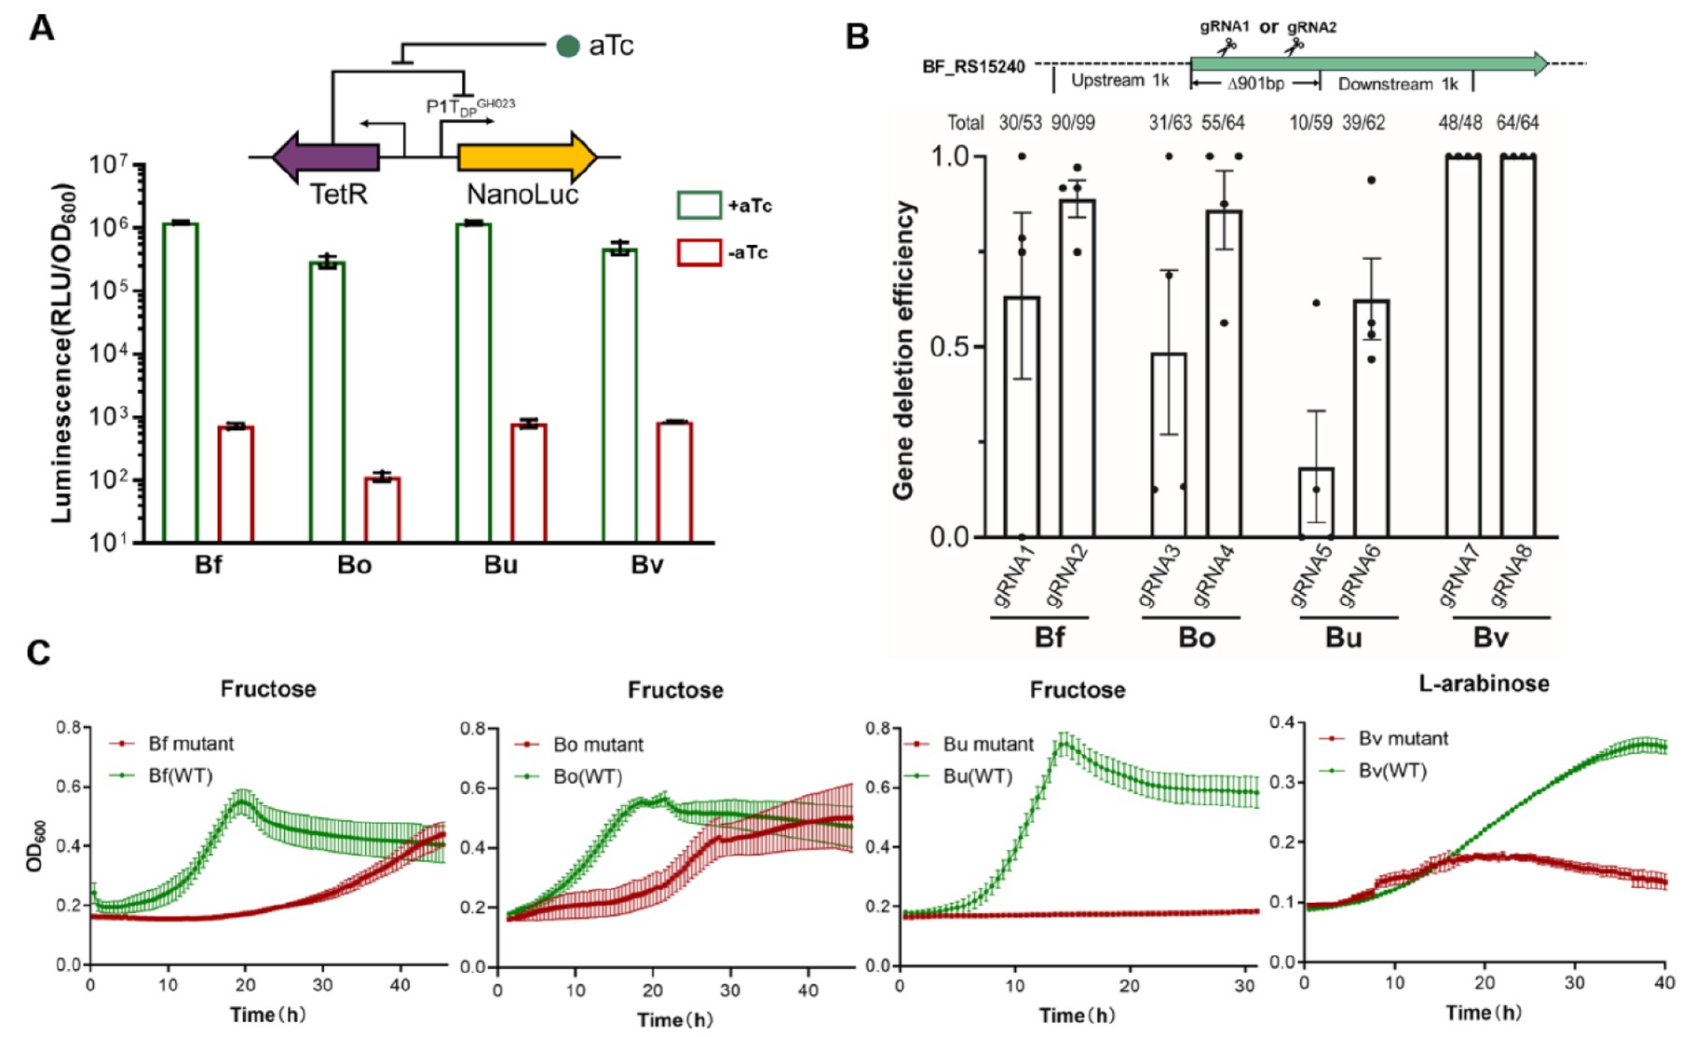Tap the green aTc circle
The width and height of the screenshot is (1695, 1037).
(x=567, y=46)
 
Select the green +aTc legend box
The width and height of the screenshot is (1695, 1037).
(x=698, y=205)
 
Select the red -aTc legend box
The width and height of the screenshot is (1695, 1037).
(x=698, y=252)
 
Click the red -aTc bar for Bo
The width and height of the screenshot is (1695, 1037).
(x=382, y=509)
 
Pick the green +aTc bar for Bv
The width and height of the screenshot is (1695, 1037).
(x=619, y=395)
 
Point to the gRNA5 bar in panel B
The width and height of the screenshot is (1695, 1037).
(x=1315, y=502)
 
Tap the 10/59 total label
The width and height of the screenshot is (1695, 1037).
(x=1310, y=123)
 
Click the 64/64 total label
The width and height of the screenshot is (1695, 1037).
(x=1518, y=123)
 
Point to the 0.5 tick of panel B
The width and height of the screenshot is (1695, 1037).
(x=950, y=347)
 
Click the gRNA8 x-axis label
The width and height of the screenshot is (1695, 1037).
(x=1511, y=577)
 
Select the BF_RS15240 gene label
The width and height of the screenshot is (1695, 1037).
(x=973, y=67)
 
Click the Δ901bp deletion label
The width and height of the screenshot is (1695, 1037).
(x=1255, y=84)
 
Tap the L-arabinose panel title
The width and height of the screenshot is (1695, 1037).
(x=1484, y=683)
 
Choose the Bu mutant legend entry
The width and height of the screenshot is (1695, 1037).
(x=987, y=745)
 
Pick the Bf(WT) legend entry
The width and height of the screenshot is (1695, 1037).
(x=180, y=775)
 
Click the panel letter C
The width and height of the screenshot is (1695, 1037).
(x=38, y=653)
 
